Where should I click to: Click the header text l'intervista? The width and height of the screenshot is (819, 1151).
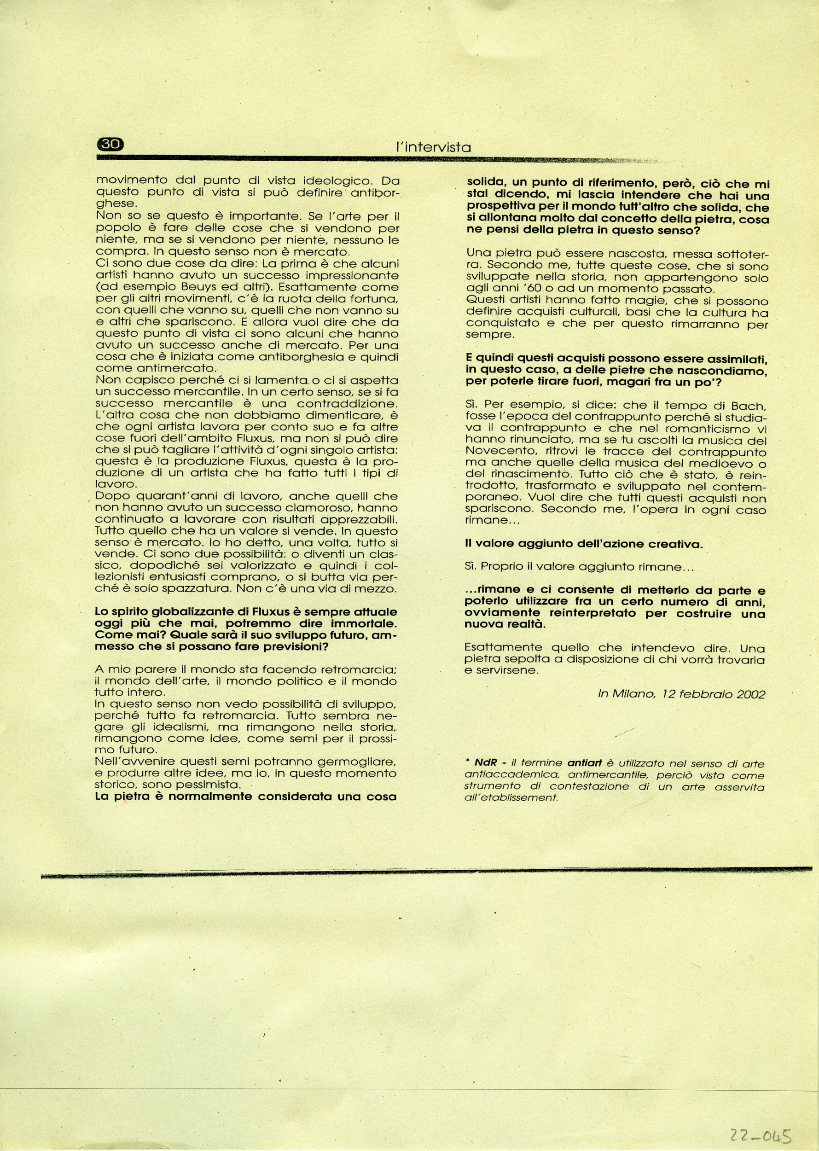point(433,147)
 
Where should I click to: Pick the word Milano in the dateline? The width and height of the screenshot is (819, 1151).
point(633,694)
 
